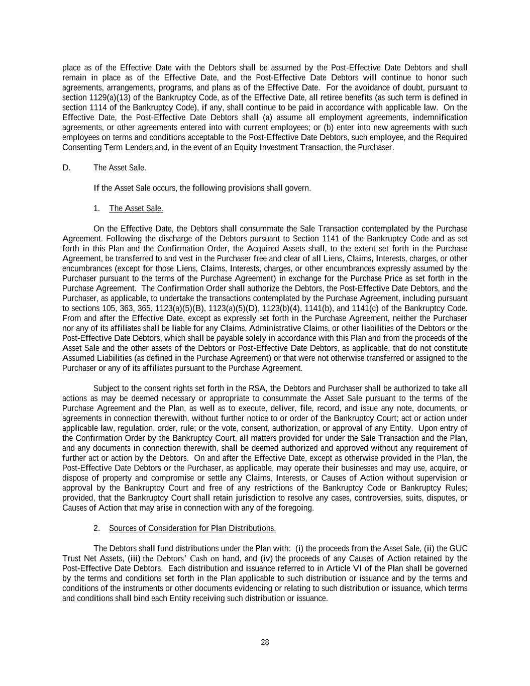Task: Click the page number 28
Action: point(265,642)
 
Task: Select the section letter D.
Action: point(66,168)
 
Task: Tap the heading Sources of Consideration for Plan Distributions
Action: point(192,528)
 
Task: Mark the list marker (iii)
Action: point(134,558)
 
